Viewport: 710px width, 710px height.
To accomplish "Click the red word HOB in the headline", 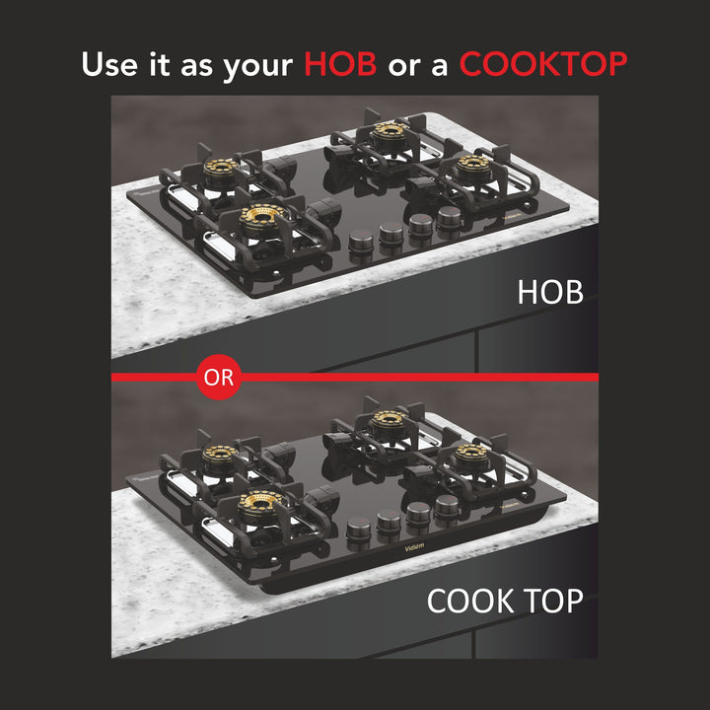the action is pyautogui.click(x=340, y=64).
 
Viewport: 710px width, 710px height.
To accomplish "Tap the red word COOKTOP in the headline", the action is pyautogui.click(x=543, y=64).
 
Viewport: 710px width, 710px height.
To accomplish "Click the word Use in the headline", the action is pyautogui.click(x=109, y=64).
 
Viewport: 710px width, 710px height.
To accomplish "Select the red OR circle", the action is pyautogui.click(x=219, y=377).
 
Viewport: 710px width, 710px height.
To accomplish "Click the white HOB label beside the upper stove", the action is pyautogui.click(x=550, y=292).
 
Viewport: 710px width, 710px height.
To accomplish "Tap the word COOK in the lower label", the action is pyautogui.click(x=468, y=601).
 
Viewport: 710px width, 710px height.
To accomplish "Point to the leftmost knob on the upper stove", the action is pyautogui.click(x=361, y=242).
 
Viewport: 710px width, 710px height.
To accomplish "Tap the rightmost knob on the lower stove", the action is pyautogui.click(x=447, y=507).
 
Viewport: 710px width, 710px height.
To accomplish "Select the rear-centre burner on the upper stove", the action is pyautogui.click(x=389, y=133).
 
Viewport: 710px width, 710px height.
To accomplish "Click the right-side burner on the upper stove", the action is pyautogui.click(x=472, y=165).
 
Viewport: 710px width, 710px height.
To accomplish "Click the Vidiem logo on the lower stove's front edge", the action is pyautogui.click(x=414, y=547).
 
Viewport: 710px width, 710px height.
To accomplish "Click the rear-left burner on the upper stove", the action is pyautogui.click(x=221, y=169).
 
